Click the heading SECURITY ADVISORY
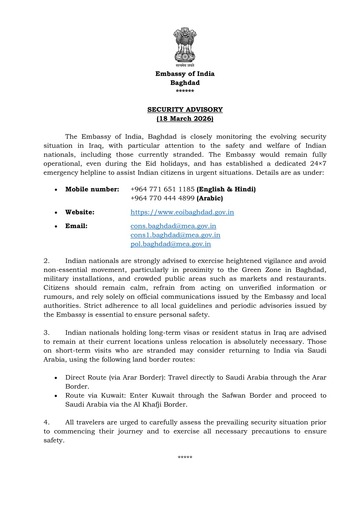coord(185,109)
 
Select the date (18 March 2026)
coord(185,119)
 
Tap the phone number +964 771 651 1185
coord(162,189)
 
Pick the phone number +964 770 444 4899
coord(162,198)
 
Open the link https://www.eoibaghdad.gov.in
coord(182,212)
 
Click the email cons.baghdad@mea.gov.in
coord(173,226)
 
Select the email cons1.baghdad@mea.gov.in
coord(175,235)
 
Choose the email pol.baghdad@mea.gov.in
coord(171,244)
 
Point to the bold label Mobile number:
coord(92,189)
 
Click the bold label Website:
coord(80,212)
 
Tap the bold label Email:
coord(76,226)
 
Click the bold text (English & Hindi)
coord(226,189)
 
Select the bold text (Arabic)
coord(210,198)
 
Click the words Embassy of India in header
coord(185,74)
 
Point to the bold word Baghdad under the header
coord(185,83)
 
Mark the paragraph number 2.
coord(47,261)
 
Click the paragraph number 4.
coord(47,422)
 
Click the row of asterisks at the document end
coord(185,458)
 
